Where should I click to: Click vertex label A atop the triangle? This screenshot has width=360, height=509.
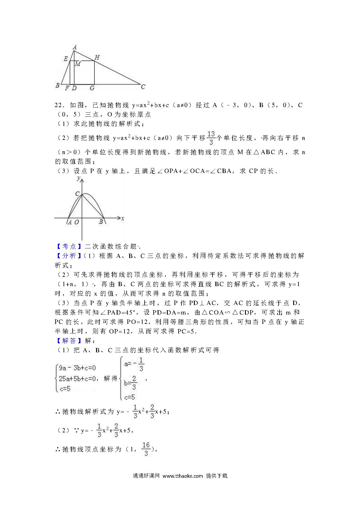coord(75,47)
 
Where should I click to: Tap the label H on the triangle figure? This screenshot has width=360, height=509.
coord(97,57)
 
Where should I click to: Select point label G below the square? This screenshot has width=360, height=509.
coord(92,88)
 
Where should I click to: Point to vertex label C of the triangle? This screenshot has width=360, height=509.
coord(143,86)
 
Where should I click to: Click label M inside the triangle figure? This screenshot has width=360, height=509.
coord(78,64)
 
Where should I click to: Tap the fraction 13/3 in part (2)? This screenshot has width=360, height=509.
coord(211,138)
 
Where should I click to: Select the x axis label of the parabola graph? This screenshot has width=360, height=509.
coord(123,218)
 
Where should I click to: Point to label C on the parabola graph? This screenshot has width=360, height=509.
coord(78,194)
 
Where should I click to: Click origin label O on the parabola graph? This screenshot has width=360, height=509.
coord(77,222)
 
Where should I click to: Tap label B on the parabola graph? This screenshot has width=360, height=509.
coord(101,222)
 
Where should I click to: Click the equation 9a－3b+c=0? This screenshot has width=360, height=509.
coord(77,368)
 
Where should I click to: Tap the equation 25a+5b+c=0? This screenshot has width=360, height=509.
coord(77,378)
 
